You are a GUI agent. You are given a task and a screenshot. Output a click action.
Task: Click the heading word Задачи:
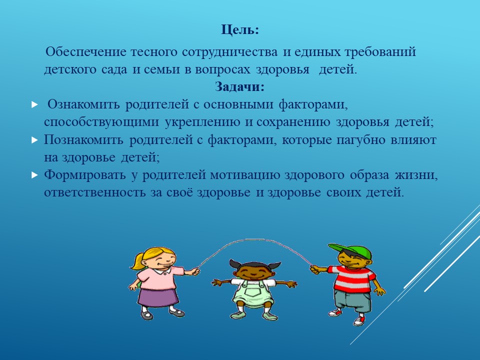239,87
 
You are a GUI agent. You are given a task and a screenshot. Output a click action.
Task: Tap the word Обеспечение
85,51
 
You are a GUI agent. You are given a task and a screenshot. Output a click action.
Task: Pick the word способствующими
101,122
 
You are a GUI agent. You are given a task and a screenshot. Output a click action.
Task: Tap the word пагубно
360,140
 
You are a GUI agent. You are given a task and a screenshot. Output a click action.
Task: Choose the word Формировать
85,175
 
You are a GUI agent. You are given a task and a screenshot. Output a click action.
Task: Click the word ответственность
95,192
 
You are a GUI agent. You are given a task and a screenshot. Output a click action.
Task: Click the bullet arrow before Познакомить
34,140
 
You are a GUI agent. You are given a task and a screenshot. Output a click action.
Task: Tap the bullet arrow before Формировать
34,175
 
